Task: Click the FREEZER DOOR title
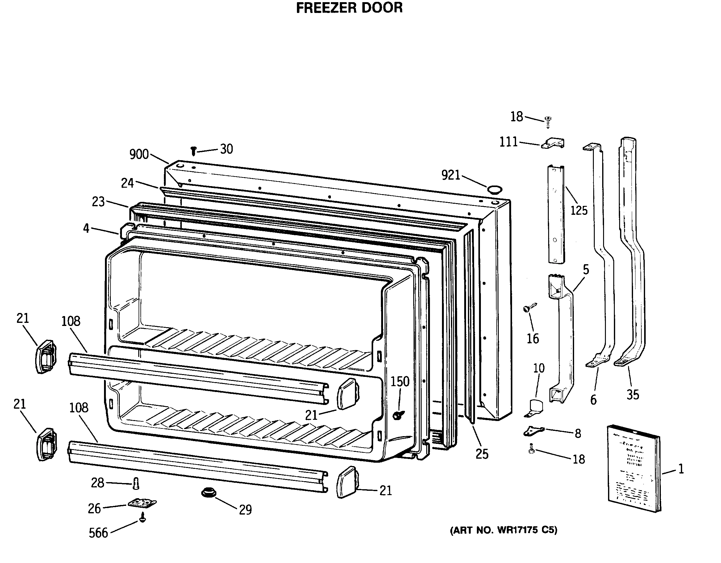coord(349,8)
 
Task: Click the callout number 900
coord(139,155)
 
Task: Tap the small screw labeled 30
coord(194,151)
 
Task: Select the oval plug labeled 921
coord(494,190)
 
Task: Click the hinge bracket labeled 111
coord(553,143)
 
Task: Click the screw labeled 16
coord(529,308)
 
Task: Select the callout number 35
coord(632,395)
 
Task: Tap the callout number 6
coord(593,400)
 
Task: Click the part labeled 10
coord(535,408)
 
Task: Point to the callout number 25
coord(482,454)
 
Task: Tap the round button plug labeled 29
coord(209,493)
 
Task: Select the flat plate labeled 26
coord(142,503)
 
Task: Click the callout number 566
coord(98,533)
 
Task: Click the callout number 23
coord(98,202)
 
